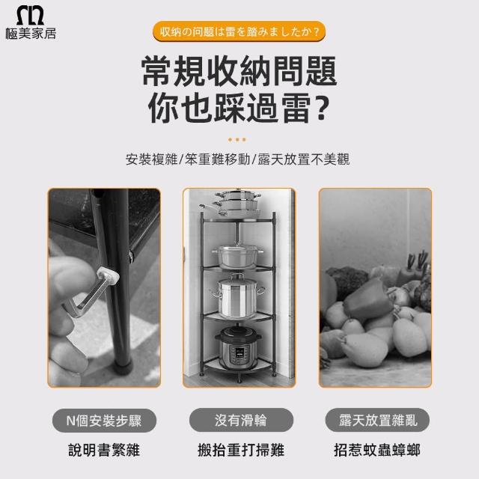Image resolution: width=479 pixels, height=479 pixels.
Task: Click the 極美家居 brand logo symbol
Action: coord(30,15)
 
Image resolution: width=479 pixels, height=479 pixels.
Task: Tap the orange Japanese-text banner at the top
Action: coord(239,31)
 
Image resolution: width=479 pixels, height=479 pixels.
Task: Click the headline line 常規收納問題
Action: coord(239,71)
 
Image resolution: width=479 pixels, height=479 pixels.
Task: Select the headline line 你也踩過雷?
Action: coord(239,108)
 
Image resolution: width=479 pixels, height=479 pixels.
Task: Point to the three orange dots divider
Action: coord(237,140)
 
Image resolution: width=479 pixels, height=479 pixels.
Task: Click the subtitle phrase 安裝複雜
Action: coord(151,159)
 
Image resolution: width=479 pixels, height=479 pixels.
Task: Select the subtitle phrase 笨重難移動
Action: coord(217,159)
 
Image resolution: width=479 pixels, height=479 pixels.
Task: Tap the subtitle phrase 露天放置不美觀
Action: coord(304,159)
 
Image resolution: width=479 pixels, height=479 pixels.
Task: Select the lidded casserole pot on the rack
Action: coord(237,257)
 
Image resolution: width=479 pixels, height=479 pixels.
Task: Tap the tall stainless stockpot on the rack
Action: coord(237,297)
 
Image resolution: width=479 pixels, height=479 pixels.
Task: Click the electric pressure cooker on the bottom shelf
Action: coord(238,347)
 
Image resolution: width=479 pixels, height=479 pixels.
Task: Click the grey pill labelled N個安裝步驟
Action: coord(104,421)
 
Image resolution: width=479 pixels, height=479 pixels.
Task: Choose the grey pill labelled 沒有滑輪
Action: coord(241,421)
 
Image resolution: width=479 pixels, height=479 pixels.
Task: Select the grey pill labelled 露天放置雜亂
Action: coord(377,421)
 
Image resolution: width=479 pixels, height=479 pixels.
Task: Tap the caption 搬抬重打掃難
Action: coord(241,450)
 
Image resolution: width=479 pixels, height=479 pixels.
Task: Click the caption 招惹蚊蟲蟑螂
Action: coord(377,450)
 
